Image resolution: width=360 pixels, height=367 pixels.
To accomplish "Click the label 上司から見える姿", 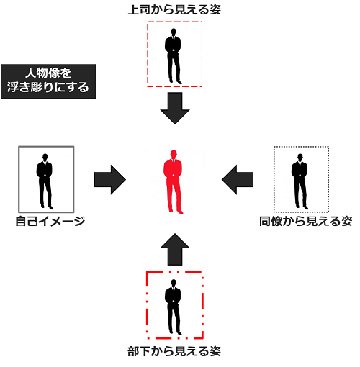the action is point(174,10).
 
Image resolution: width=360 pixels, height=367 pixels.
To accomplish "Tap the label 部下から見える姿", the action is point(174,351).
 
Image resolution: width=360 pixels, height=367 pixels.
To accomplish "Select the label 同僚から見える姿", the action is point(306,221).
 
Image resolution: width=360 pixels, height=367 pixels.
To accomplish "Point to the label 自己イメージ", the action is point(50,221).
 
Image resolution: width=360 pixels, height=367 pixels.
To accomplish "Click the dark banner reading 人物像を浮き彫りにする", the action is point(48,81).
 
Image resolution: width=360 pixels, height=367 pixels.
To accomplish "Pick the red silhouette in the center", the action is point(173,182).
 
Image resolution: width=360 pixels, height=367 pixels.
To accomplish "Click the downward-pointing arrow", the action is point(175,108).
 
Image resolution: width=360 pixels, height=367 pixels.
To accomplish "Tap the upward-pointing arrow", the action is point(175,249).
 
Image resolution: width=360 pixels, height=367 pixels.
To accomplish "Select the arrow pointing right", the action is point(110,179).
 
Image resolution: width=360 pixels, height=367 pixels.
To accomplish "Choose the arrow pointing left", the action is point(238,179).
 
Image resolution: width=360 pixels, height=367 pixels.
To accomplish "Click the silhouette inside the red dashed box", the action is point(173,56).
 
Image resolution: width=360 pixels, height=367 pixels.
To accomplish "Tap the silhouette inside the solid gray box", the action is point(45,181).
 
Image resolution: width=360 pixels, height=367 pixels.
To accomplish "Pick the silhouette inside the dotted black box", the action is point(300,181).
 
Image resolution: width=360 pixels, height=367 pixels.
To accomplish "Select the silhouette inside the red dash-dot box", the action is point(173,307).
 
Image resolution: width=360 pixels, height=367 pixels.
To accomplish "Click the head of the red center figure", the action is point(174,154).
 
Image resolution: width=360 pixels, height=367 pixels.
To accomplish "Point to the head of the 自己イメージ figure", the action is point(45,157).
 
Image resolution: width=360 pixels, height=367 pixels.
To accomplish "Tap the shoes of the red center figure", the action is point(176,212).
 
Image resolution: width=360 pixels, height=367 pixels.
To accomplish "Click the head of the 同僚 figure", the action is point(300,157).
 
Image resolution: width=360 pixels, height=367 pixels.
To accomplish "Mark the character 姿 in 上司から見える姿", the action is point(215,10).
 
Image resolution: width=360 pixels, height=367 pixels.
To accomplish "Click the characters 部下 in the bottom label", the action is point(139,351).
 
